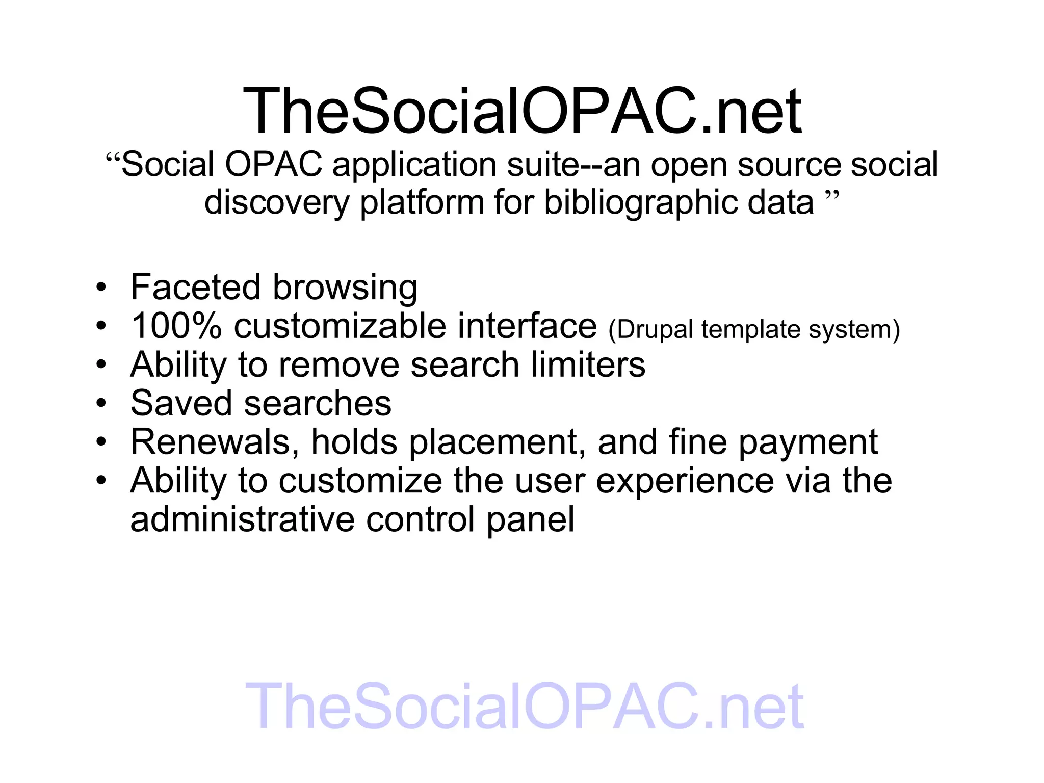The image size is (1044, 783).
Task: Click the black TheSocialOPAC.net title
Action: pos(522,111)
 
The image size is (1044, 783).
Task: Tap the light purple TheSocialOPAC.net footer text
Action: pos(524,707)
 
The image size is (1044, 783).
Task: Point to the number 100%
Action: pos(176,326)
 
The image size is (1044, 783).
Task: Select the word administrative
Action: pos(242,519)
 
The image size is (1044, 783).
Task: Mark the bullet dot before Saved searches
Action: pos(101,404)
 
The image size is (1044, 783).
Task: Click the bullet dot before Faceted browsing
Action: pos(101,288)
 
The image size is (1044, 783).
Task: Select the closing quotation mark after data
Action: pos(831,195)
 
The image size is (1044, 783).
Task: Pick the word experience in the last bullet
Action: pos(685,481)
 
